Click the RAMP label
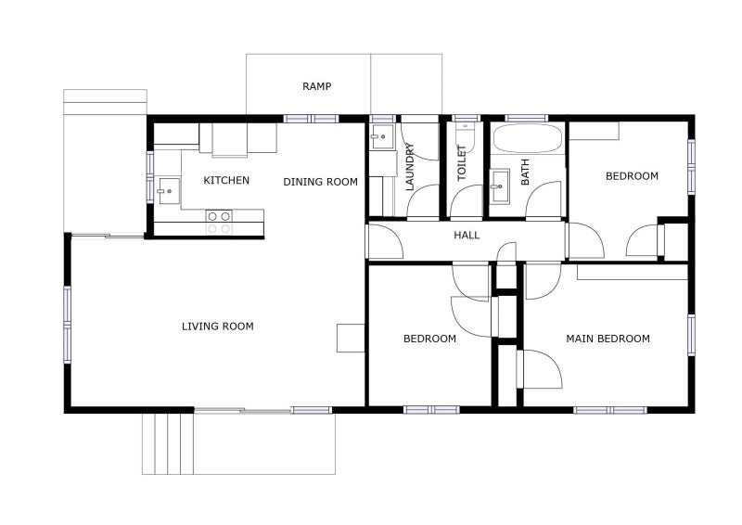point(317,86)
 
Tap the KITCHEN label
point(226,180)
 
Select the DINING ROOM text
point(320,182)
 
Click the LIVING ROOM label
point(217,327)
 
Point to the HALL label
point(467,236)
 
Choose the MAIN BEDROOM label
point(608,339)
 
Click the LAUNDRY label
point(410,167)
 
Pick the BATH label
point(525,172)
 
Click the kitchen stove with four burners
point(219,222)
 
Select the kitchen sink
point(167,192)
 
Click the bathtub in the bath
point(527,140)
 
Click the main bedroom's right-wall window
point(691,335)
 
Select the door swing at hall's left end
point(385,241)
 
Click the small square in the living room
point(351,338)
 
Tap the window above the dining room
point(311,118)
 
